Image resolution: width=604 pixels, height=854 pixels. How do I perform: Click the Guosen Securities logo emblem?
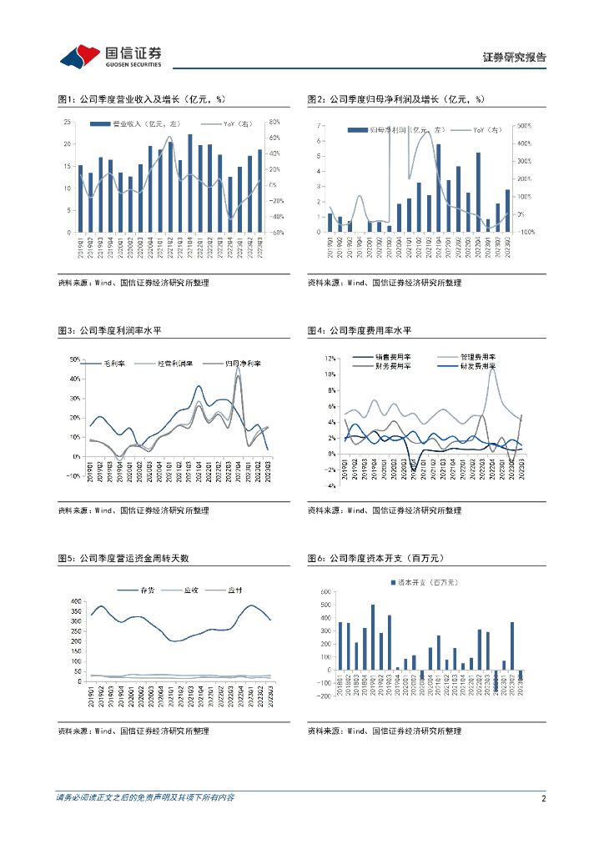(80, 56)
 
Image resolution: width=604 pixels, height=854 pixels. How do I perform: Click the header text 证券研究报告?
(515, 58)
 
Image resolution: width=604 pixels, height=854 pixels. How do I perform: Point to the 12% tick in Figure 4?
(330, 359)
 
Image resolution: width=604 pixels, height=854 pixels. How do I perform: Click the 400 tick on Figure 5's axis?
(76, 601)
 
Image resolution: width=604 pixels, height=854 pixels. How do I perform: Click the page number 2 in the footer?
(543, 798)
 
